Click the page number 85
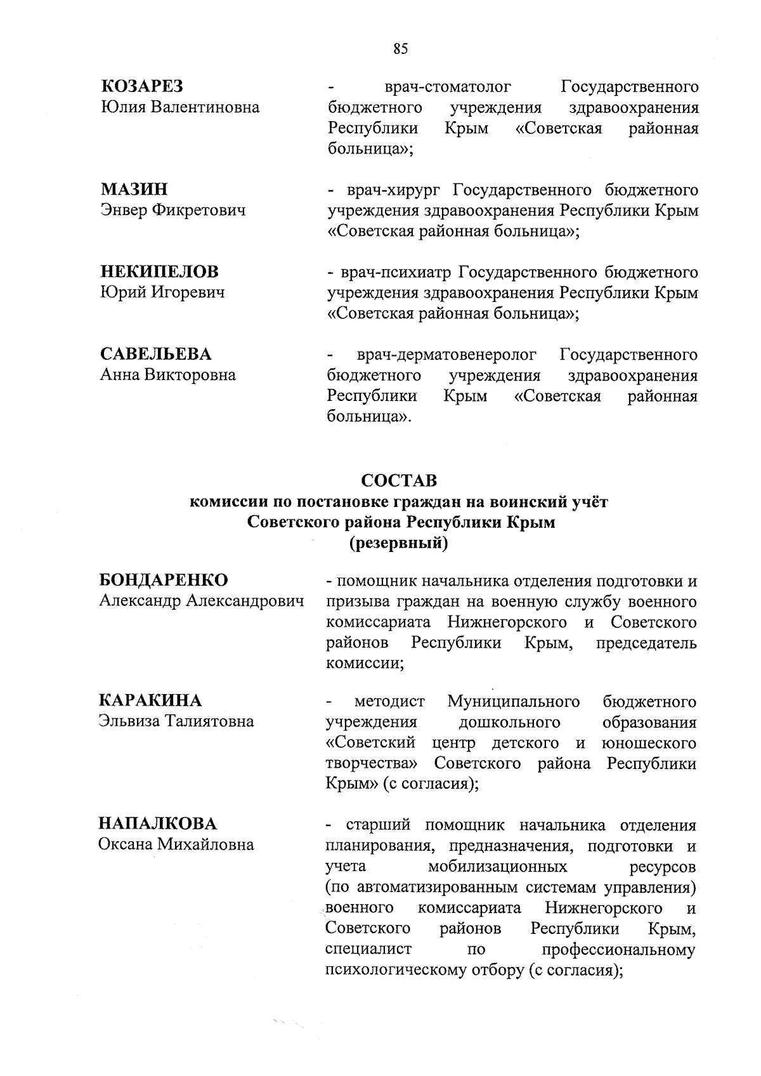click(x=400, y=49)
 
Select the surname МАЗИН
click(x=134, y=189)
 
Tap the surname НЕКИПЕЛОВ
click(x=160, y=272)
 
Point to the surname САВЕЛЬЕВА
click(x=156, y=354)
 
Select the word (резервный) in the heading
click(x=399, y=543)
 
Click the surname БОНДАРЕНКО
click(x=164, y=580)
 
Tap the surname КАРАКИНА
click(x=150, y=700)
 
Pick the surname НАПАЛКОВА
click(x=157, y=823)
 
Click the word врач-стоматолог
click(x=448, y=87)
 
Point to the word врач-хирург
click(x=396, y=190)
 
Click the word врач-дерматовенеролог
click(x=446, y=355)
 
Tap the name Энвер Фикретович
click(x=173, y=210)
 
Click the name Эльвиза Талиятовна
click(x=176, y=721)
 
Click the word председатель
click(x=646, y=643)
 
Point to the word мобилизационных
click(x=498, y=867)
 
